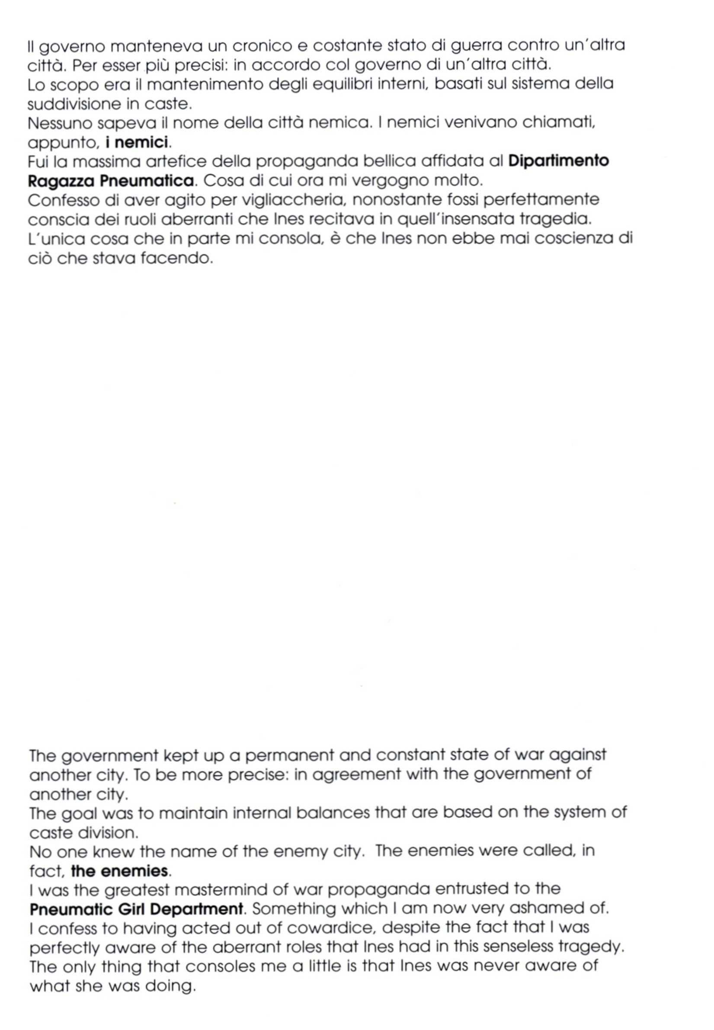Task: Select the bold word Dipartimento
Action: pyautogui.click(x=559, y=161)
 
